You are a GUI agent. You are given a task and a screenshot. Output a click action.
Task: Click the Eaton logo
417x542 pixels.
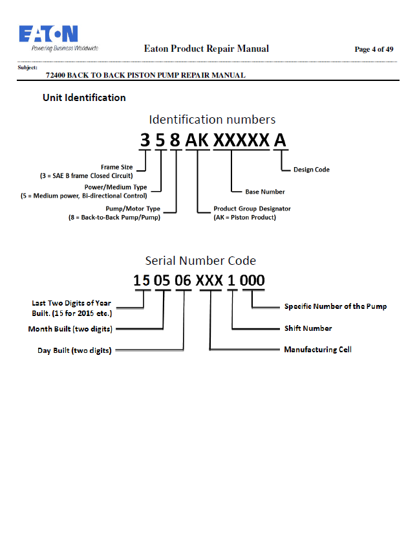[58, 38]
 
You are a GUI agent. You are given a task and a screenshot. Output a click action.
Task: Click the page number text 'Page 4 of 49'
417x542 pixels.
[374, 49]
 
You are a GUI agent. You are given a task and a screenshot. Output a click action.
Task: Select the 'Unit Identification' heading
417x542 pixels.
[84, 98]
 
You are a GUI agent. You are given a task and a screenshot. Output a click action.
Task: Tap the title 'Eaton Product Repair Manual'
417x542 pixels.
[206, 49]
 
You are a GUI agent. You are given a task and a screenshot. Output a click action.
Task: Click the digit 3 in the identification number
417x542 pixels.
[145, 141]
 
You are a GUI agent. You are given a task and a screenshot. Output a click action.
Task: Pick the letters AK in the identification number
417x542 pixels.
[197, 141]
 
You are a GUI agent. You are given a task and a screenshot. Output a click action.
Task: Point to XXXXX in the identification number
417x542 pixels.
[241, 141]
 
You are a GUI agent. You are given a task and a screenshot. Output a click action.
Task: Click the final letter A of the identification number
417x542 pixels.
[280, 141]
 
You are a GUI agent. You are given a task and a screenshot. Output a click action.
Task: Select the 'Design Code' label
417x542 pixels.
[312, 170]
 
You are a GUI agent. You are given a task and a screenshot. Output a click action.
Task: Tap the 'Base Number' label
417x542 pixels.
[265, 192]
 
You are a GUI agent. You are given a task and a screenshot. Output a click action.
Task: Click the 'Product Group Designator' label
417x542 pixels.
[252, 209]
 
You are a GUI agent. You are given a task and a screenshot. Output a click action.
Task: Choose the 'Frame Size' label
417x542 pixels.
[116, 167]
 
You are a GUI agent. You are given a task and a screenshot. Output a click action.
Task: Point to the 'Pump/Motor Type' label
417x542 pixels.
[133, 209]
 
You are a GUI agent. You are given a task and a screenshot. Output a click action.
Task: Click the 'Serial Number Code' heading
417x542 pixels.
[200, 260]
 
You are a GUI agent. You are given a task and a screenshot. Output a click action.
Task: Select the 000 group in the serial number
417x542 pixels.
[252, 280]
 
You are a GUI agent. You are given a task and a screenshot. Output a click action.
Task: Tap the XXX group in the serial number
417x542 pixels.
[209, 280]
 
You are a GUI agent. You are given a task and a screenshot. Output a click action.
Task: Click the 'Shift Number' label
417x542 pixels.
[308, 328]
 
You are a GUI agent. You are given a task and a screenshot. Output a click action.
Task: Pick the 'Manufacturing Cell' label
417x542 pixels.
[318, 350]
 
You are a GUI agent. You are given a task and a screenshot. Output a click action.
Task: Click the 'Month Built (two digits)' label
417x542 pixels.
[70, 329]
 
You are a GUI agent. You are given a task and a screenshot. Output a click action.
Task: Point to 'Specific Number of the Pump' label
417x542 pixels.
[336, 306]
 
